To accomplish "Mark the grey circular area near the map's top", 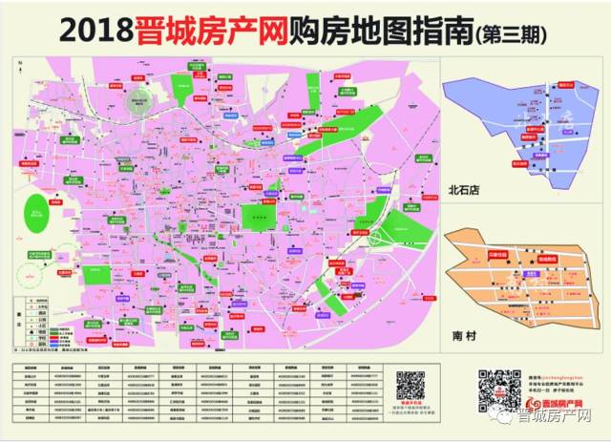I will coord(144,98).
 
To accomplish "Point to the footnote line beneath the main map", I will coord(91,352).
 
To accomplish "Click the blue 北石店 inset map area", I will coord(520,124).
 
